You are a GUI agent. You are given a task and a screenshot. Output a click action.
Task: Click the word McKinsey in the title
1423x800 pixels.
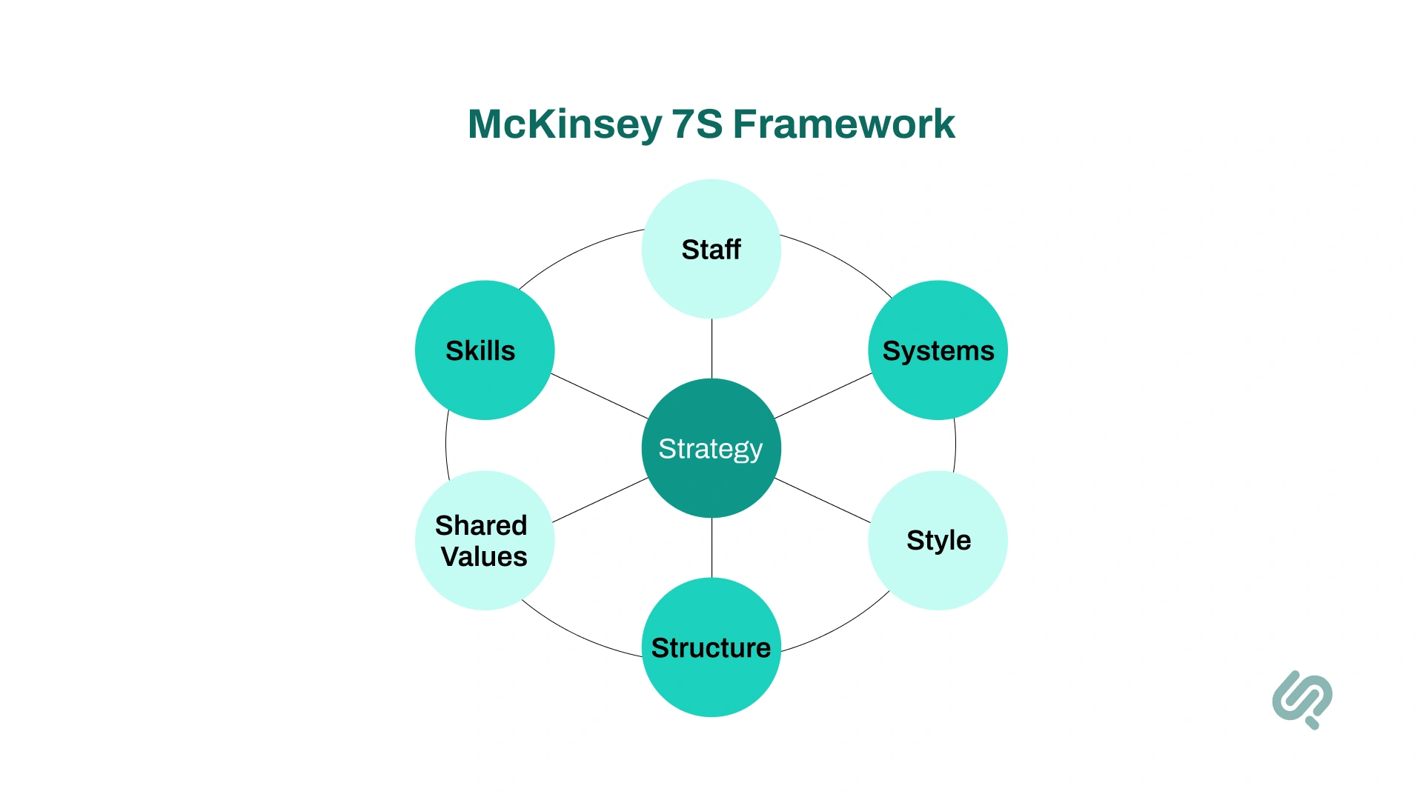(565, 124)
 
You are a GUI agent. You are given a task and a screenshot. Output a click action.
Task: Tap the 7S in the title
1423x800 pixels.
(697, 124)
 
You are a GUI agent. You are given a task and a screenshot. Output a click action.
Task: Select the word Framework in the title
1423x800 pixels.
(843, 124)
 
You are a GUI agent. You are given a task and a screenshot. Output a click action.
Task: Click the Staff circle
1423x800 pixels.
(711, 249)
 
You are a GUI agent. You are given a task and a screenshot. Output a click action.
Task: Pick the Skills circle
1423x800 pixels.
(484, 350)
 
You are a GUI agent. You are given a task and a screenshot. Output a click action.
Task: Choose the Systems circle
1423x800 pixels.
(938, 350)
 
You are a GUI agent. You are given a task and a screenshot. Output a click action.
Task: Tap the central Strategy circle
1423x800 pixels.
(711, 448)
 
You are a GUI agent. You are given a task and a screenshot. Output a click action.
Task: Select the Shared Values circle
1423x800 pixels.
(484, 540)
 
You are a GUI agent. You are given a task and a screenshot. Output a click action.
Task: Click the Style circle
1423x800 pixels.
(938, 540)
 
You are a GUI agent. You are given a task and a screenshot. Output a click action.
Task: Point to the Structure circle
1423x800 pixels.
(711, 647)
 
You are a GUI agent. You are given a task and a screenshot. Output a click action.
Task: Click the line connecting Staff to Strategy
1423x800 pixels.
(711, 348)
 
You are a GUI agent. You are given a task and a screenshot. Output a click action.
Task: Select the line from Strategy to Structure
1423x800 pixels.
(711, 547)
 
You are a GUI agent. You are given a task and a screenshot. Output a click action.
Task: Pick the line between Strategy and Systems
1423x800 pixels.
(823, 396)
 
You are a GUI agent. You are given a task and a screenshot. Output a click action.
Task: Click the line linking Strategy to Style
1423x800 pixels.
(823, 500)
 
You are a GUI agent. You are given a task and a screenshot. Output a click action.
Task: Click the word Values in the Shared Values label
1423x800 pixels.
(484, 556)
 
